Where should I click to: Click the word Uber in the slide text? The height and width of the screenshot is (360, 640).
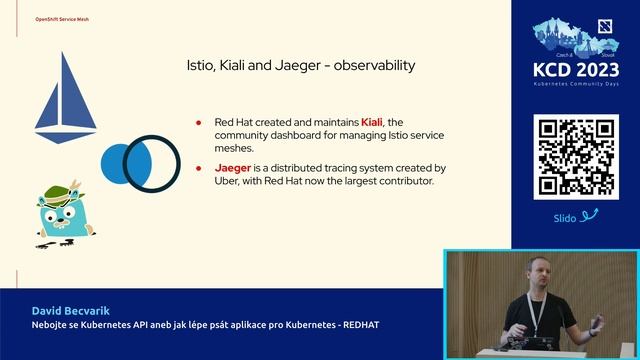231,181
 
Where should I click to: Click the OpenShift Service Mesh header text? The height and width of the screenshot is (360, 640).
63,19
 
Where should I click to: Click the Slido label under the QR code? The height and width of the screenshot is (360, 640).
565,217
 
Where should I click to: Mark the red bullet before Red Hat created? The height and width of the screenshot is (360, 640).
199,123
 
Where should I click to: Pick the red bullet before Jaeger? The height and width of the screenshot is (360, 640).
199,169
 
